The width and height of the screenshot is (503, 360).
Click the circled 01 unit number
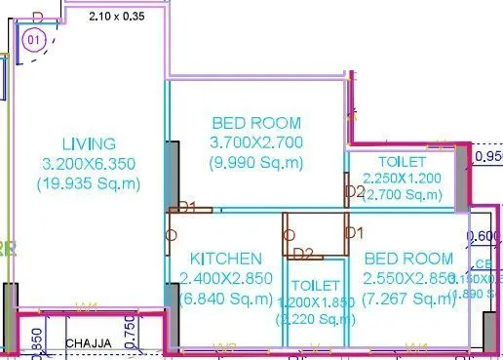pyautogui.click(x=34, y=41)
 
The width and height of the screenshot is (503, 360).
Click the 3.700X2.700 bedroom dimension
pyautogui.click(x=257, y=142)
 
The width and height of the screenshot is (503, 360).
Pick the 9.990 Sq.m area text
pyautogui.click(x=257, y=161)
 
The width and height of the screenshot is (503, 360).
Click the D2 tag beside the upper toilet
pyautogui.click(x=355, y=190)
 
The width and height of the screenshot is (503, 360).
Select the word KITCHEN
pyautogui.click(x=225, y=259)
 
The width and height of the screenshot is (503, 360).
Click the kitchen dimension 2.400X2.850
pyautogui.click(x=225, y=277)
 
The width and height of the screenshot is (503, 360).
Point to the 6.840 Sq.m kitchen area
pyautogui.click(x=225, y=296)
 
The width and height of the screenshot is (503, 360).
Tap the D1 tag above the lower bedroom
pyautogui.click(x=355, y=233)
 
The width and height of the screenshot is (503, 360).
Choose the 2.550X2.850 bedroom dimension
pyautogui.click(x=408, y=277)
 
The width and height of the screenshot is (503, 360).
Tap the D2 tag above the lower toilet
pyautogui.click(x=303, y=255)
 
